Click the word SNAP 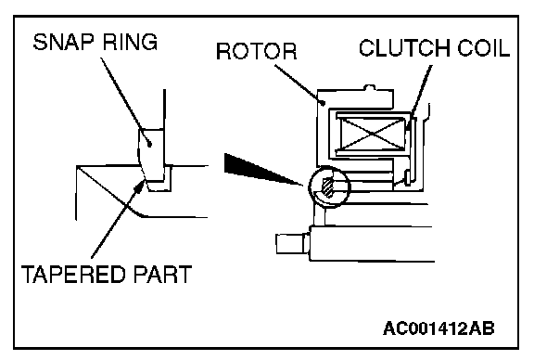(63, 42)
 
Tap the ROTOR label (257, 51)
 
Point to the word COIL (483, 47)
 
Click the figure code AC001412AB (439, 329)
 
